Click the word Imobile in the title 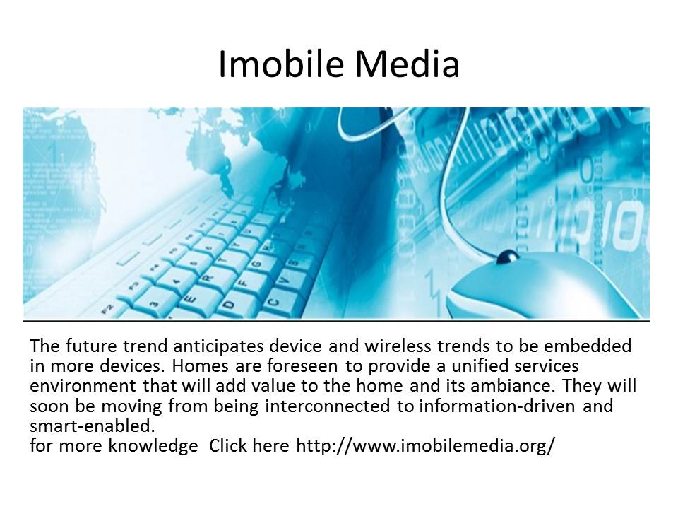[282, 64]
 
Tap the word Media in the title [407, 64]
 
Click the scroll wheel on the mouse [508, 257]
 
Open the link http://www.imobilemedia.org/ [425, 445]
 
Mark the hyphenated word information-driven [497, 406]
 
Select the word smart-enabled [92, 426]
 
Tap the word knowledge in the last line [153, 446]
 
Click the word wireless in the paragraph [398, 346]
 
